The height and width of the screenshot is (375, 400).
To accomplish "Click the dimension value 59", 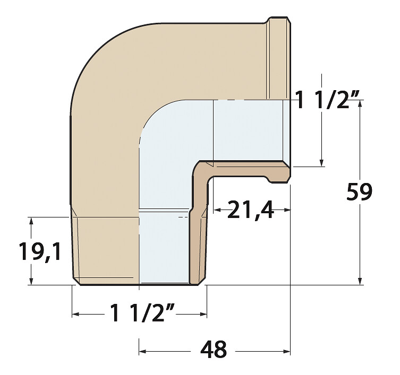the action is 360,191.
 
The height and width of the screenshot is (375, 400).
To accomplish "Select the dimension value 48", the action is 213,350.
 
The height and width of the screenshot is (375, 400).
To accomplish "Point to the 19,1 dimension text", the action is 40,251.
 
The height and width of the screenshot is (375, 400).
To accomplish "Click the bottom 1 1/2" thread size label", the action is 142,313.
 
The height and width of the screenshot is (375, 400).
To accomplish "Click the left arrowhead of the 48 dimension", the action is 142,352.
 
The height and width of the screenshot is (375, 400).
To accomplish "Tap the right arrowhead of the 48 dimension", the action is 287,352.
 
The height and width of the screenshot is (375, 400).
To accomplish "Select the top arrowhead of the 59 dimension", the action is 360,103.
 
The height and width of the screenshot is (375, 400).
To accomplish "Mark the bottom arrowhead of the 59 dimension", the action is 360,281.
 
